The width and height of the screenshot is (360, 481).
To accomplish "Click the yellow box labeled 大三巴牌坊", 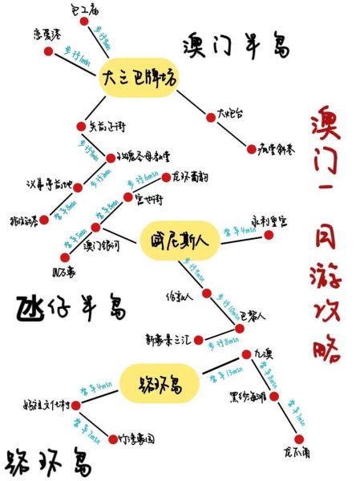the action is (139, 78).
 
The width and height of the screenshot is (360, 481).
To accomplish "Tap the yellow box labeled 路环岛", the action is (159, 382).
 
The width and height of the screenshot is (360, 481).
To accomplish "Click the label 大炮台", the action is (229, 114).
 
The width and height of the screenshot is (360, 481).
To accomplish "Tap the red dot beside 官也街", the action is (127, 198).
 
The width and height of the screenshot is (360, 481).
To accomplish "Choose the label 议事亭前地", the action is (45, 184).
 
